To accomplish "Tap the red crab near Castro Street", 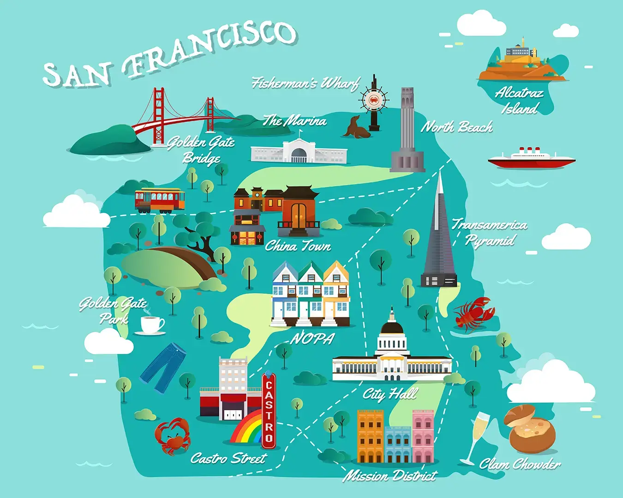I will point(172,435).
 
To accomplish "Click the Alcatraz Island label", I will point(520,101).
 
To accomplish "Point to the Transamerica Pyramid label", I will point(490,232).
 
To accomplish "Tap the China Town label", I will point(298,246).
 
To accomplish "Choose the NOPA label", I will point(312,339).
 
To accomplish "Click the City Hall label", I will point(390,394).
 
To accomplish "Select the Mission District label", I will point(390,475).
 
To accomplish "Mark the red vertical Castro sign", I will point(269,410).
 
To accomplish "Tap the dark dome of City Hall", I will point(392,328).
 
